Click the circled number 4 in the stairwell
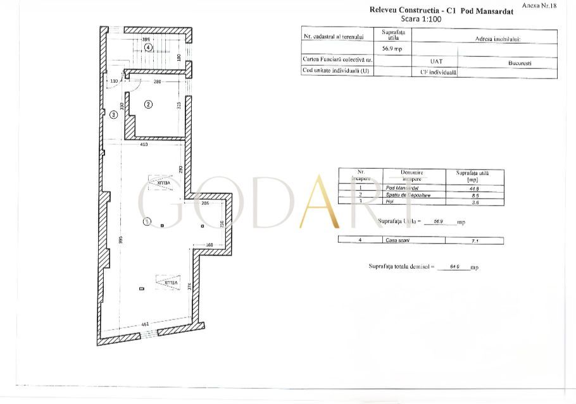(147, 47)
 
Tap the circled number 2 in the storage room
(148, 104)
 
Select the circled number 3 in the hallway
(113, 115)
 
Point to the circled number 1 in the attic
(147, 222)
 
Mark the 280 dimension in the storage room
(158, 82)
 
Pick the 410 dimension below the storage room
(144, 145)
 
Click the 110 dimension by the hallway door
(115, 82)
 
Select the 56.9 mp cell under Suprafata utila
(393, 49)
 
